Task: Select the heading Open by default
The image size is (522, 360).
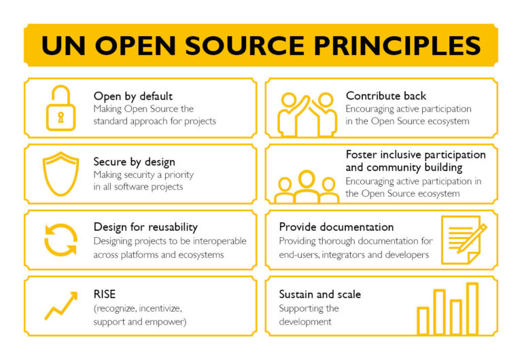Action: (x=133, y=96)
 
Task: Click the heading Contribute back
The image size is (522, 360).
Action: (x=386, y=96)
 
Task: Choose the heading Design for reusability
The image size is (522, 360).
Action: (x=145, y=228)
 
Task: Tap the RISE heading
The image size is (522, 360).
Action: (x=105, y=294)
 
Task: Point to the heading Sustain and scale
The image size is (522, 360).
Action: (x=320, y=295)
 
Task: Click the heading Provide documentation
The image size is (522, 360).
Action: (x=336, y=227)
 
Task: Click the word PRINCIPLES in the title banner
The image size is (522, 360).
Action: (x=398, y=46)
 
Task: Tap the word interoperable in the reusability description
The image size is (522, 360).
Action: (x=220, y=241)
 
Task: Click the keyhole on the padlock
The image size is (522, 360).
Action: (x=60, y=117)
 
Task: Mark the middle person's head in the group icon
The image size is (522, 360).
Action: (x=307, y=179)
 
